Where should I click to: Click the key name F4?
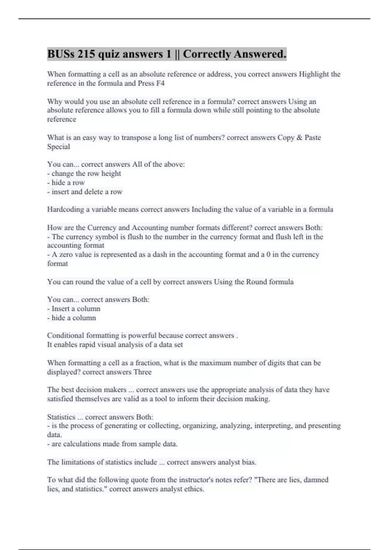pos(160,83)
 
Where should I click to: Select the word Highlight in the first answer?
pos(314,74)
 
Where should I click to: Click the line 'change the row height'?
pos(86,173)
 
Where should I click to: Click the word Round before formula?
pos(256,282)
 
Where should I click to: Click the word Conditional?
pos(65,335)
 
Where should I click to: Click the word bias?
pos(249,462)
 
